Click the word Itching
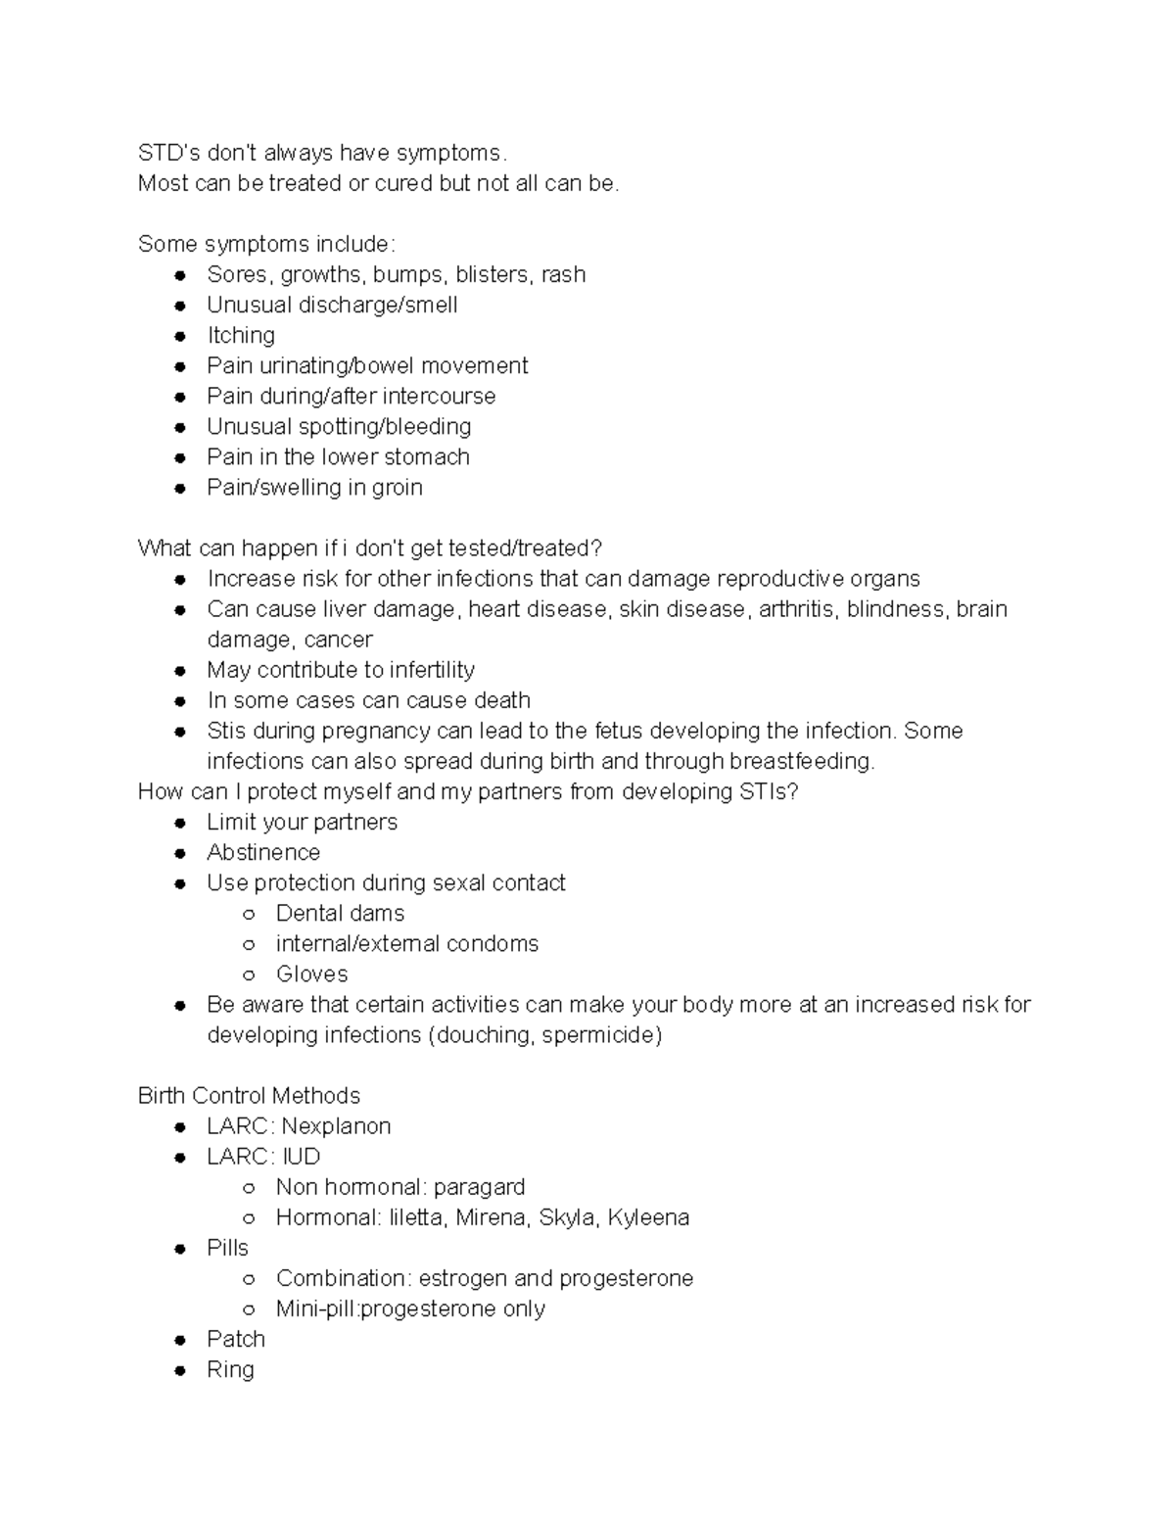tap(241, 336)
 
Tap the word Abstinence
tap(263, 853)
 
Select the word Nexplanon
tap(336, 1126)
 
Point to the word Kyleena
tap(648, 1217)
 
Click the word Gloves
tap(311, 974)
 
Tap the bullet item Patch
tap(236, 1339)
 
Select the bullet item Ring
tap(230, 1369)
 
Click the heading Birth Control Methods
tap(249, 1096)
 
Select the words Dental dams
tap(340, 914)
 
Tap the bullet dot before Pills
tap(180, 1249)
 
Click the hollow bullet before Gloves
tap(249, 975)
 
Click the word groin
tap(397, 488)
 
